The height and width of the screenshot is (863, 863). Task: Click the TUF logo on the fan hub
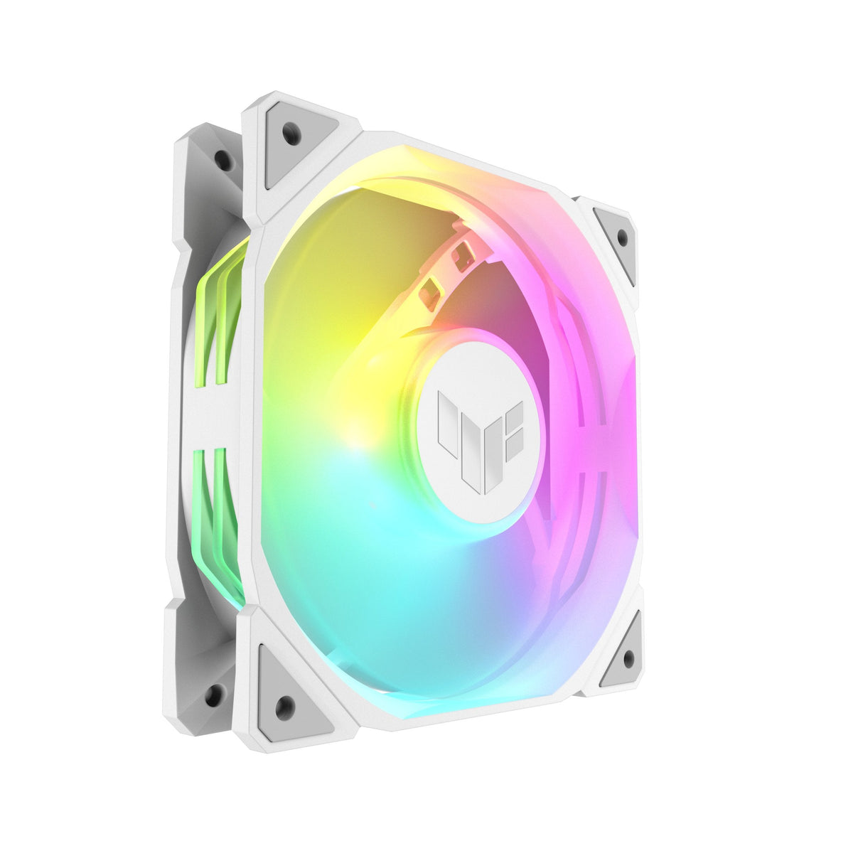click(480, 441)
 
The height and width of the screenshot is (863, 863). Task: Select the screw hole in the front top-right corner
click(623, 237)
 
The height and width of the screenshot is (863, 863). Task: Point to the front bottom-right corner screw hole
click(628, 659)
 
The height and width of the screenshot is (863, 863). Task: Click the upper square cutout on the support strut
click(462, 256)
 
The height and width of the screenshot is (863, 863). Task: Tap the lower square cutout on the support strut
click(431, 293)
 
